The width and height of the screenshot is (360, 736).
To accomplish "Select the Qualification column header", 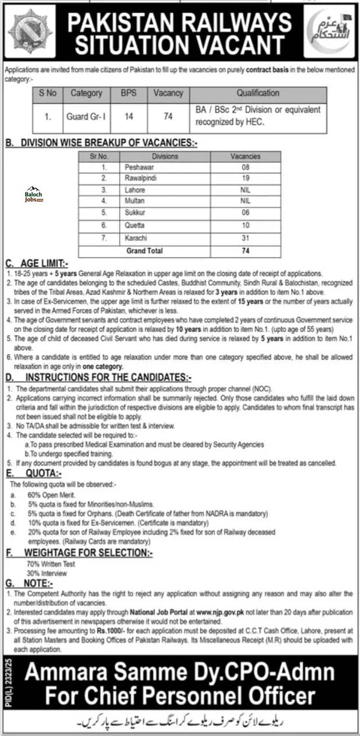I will pyautogui.click(x=258, y=93).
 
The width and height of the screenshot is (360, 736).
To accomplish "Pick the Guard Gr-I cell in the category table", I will pyautogui.click(x=86, y=116).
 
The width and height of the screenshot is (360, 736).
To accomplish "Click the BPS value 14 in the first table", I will pyautogui.click(x=129, y=116).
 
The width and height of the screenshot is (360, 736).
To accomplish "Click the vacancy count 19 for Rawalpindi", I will pyautogui.click(x=246, y=177).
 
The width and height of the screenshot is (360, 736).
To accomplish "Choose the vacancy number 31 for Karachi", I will pyautogui.click(x=246, y=239).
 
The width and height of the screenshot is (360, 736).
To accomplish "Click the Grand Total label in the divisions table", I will pyautogui.click(x=144, y=251).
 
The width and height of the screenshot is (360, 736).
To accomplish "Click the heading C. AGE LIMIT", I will pyautogui.click(x=39, y=263).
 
